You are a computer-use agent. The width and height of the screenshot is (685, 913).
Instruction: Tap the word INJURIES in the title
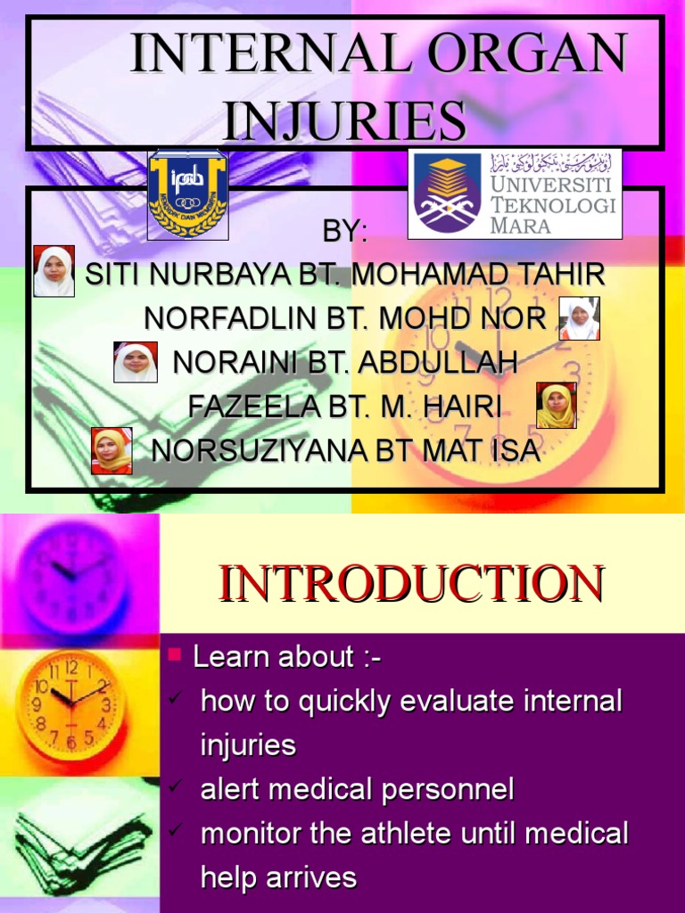tap(344, 120)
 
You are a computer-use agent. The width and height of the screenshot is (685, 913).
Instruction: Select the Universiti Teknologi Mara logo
tap(515, 194)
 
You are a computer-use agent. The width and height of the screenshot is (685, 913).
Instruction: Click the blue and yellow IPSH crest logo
tap(187, 194)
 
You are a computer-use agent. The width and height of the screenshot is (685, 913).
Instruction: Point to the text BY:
tap(344, 232)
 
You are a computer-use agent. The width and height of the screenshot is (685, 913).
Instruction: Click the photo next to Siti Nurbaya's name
tap(54, 271)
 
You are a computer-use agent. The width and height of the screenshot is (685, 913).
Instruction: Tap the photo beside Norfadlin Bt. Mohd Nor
tap(579, 318)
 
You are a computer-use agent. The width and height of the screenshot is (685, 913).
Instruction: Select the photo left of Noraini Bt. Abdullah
tap(136, 362)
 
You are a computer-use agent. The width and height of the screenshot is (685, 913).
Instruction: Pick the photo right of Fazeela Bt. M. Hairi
tap(556, 406)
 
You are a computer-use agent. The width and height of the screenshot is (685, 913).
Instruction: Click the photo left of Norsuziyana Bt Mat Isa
tap(112, 450)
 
